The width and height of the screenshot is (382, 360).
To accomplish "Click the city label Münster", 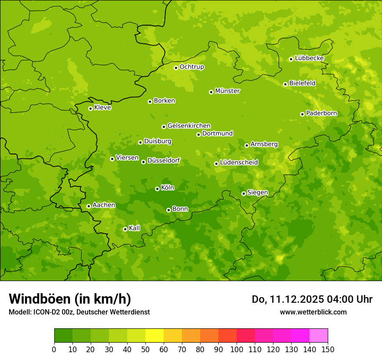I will point(227,91).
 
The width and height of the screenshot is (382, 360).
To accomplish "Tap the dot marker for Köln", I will point(157,189).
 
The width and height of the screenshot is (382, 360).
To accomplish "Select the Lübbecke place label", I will point(309,58).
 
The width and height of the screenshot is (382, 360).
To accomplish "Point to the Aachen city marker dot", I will point(89,206).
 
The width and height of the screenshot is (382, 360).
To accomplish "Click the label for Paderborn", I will point(321,113).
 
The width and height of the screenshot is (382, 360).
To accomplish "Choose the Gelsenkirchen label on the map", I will point(189,126).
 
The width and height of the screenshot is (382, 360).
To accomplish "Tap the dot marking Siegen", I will point(244,193).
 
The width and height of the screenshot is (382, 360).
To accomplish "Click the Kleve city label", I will point(102,108).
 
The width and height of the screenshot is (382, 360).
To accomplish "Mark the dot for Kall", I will point(125,229).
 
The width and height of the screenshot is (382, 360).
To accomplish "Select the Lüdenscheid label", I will point(239,163).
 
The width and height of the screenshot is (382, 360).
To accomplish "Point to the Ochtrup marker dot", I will point(176,68).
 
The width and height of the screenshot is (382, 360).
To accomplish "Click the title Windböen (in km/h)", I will point(69,299).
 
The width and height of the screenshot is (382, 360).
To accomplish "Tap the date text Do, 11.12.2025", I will point(287,299).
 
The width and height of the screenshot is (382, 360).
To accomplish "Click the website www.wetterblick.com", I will point(313,312).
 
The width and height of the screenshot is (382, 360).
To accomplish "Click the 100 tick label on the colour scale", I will point(237,349).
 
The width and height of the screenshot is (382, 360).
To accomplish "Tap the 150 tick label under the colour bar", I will point(328,349).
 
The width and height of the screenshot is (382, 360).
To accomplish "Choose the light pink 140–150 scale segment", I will point(319,336).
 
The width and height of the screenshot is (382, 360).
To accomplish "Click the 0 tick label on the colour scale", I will point(54,349).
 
